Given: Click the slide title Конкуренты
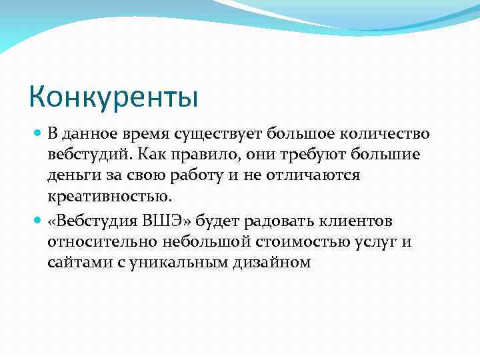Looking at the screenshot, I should (114, 97).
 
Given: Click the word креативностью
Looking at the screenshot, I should (109, 196).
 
